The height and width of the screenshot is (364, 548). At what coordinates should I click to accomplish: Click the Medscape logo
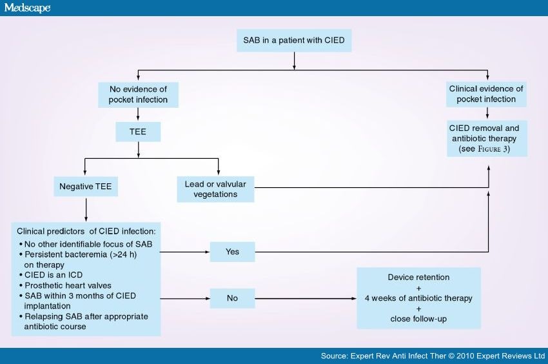[x=26, y=8]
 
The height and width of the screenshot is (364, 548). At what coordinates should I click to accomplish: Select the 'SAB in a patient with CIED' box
[x=294, y=41]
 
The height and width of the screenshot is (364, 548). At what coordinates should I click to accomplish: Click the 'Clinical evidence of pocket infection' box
[x=486, y=94]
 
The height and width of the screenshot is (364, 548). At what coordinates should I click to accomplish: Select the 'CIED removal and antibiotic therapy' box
[x=487, y=138]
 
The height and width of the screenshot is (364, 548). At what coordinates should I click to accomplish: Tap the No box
[x=233, y=298]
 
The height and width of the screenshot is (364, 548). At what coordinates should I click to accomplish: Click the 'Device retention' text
[x=418, y=277]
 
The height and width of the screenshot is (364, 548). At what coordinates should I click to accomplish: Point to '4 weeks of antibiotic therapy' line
[x=418, y=298]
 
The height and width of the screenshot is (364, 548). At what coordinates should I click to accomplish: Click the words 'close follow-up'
[x=418, y=319]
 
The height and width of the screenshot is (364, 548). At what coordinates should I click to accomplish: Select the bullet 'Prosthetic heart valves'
[x=69, y=285]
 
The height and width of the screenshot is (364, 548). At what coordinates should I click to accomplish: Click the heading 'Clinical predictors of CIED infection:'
[x=86, y=230]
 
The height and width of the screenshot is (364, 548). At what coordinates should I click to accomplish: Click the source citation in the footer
[x=433, y=356]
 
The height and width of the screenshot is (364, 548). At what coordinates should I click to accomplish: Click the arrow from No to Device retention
[x=306, y=299]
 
